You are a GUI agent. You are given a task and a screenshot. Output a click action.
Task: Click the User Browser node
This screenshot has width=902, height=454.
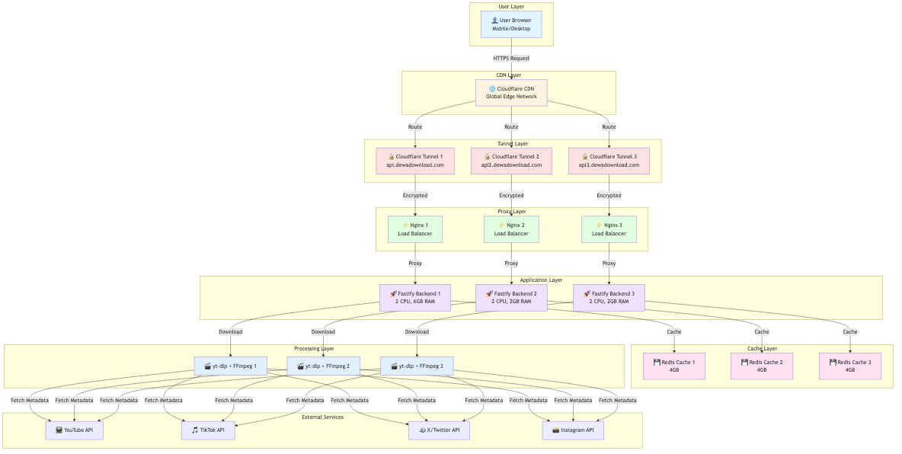coord(511,24)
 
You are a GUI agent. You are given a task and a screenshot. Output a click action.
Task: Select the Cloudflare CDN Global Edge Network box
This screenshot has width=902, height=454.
coord(511,92)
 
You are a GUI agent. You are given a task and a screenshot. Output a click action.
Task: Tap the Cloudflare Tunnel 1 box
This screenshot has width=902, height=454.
coord(415,161)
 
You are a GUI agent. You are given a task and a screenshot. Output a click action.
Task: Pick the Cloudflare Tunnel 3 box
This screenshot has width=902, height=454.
coord(608,161)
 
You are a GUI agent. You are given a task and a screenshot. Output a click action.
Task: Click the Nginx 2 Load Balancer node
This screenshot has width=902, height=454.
coord(511,229)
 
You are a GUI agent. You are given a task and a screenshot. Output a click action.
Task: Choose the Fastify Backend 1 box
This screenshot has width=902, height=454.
coord(415,297)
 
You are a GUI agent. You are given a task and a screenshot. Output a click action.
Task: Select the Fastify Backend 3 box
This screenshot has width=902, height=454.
coord(609,297)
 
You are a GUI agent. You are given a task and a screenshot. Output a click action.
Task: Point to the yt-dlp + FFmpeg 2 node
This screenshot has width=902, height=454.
coord(323,366)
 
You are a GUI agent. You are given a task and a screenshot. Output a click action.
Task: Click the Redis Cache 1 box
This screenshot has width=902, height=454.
coord(674,366)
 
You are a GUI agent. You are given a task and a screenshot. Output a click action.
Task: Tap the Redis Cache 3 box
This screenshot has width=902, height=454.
coord(850,366)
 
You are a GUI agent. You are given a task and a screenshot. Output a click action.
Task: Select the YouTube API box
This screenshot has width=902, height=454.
coord(74,430)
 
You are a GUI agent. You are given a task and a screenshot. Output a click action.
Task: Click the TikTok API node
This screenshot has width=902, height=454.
coord(208,430)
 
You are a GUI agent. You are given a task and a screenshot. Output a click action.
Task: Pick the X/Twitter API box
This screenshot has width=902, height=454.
coord(439,430)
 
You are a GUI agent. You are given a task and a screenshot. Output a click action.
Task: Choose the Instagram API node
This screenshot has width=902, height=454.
coord(573,430)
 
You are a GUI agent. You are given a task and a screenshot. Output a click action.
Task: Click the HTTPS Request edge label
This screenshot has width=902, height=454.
coord(511,58)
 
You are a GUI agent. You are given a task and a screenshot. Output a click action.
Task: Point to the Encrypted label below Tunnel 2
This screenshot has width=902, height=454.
coord(511,195)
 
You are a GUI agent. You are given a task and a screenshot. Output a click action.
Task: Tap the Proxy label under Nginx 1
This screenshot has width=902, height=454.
coord(415,263)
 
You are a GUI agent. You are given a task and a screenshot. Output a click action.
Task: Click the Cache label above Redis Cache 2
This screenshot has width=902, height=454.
coord(762,331)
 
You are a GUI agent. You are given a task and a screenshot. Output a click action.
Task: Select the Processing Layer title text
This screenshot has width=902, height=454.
coord(314,349)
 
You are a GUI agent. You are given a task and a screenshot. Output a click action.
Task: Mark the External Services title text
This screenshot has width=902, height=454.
coord(322,417)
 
